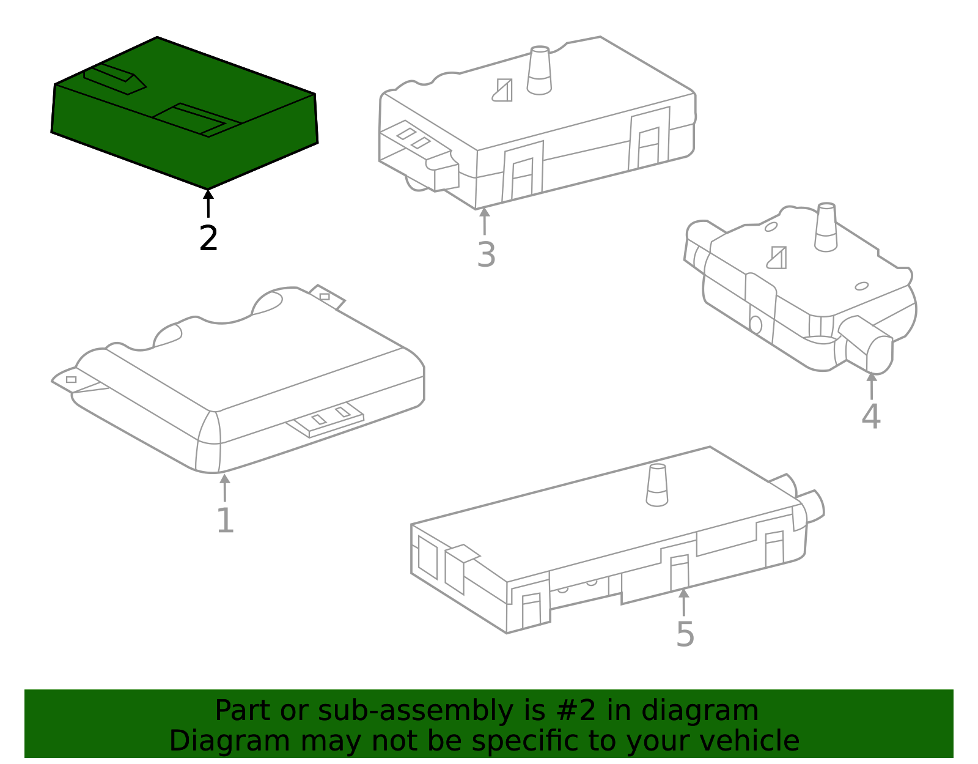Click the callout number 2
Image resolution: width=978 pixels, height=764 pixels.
(x=208, y=239)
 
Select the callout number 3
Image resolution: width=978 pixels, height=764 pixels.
(x=486, y=255)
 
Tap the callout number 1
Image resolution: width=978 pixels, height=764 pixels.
(x=226, y=521)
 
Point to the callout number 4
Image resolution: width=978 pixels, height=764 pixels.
(x=871, y=417)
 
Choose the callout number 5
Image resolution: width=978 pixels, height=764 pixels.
(x=685, y=635)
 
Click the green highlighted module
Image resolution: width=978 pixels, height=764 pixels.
(x=185, y=113)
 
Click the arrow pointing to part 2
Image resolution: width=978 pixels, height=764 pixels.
(x=208, y=204)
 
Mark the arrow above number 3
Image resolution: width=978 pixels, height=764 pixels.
(x=484, y=221)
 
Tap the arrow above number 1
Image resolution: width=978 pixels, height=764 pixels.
(x=224, y=488)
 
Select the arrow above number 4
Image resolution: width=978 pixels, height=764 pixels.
(x=872, y=386)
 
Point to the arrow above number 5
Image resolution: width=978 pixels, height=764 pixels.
(x=683, y=602)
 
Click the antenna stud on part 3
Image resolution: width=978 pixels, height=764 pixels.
(x=539, y=70)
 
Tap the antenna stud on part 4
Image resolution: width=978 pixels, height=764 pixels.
(x=826, y=227)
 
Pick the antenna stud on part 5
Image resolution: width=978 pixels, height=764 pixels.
(x=657, y=485)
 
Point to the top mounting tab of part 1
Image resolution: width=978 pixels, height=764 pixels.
(x=327, y=296)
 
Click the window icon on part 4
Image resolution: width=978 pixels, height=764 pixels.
(x=778, y=258)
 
